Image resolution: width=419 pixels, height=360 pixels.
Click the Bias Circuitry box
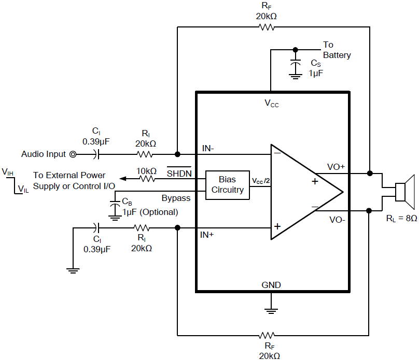(x=227, y=185)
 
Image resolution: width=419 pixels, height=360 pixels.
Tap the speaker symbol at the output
(x=404, y=192)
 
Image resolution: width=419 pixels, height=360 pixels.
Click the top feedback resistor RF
(x=267, y=27)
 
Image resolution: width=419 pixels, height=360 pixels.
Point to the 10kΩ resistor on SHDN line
(x=147, y=179)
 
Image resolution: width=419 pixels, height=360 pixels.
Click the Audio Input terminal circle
(x=73, y=154)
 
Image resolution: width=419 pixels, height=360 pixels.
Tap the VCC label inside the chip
(x=271, y=103)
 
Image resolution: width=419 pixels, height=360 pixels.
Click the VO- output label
(x=338, y=219)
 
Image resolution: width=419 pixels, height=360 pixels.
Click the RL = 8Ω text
(x=401, y=219)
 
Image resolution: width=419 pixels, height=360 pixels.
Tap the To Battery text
(x=337, y=50)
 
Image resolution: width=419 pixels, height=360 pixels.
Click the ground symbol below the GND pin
(x=270, y=310)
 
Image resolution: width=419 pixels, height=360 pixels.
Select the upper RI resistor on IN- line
(x=145, y=154)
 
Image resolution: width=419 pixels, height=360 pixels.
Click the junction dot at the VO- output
(x=369, y=211)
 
